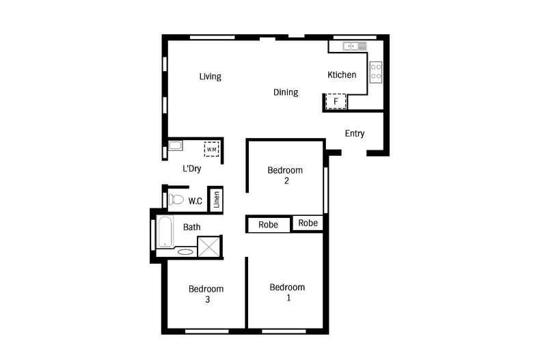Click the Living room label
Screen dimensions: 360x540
[210, 77]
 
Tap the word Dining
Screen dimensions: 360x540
[286, 92]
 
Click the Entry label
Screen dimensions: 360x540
[354, 133]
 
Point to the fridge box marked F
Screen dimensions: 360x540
[336, 102]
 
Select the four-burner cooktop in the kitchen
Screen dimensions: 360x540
[375, 72]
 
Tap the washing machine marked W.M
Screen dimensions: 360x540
[211, 149]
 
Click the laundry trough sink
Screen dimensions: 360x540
[175, 146]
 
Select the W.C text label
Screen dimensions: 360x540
[195, 201]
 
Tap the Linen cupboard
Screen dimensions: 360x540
[216, 199]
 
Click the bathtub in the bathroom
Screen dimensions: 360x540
[165, 232]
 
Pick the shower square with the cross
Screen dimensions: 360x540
[209, 247]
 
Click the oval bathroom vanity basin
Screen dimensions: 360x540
[185, 252]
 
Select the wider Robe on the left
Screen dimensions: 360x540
[268, 225]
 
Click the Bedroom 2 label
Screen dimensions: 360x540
[284, 176]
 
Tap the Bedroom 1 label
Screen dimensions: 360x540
[287, 292]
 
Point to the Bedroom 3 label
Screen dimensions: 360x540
[206, 294]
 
